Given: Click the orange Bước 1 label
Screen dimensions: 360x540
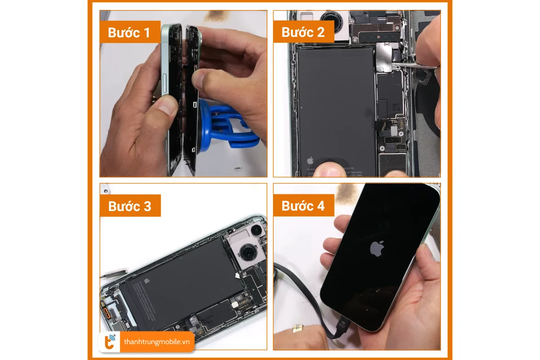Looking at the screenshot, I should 130,32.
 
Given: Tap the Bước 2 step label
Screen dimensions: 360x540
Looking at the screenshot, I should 303,32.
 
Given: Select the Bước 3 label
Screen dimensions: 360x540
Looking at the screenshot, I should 130,206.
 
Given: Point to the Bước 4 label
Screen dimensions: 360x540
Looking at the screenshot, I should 303,206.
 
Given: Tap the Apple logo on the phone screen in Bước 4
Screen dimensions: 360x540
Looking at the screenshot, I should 377,248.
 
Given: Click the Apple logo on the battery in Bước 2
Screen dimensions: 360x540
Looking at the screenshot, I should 310,160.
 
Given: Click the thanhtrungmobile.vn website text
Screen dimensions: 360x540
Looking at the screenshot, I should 157,342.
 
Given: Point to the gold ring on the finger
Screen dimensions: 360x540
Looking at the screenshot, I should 297,328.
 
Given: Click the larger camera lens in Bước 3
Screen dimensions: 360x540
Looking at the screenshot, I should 247,253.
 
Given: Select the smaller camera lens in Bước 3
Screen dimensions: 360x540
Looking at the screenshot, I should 256,231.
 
